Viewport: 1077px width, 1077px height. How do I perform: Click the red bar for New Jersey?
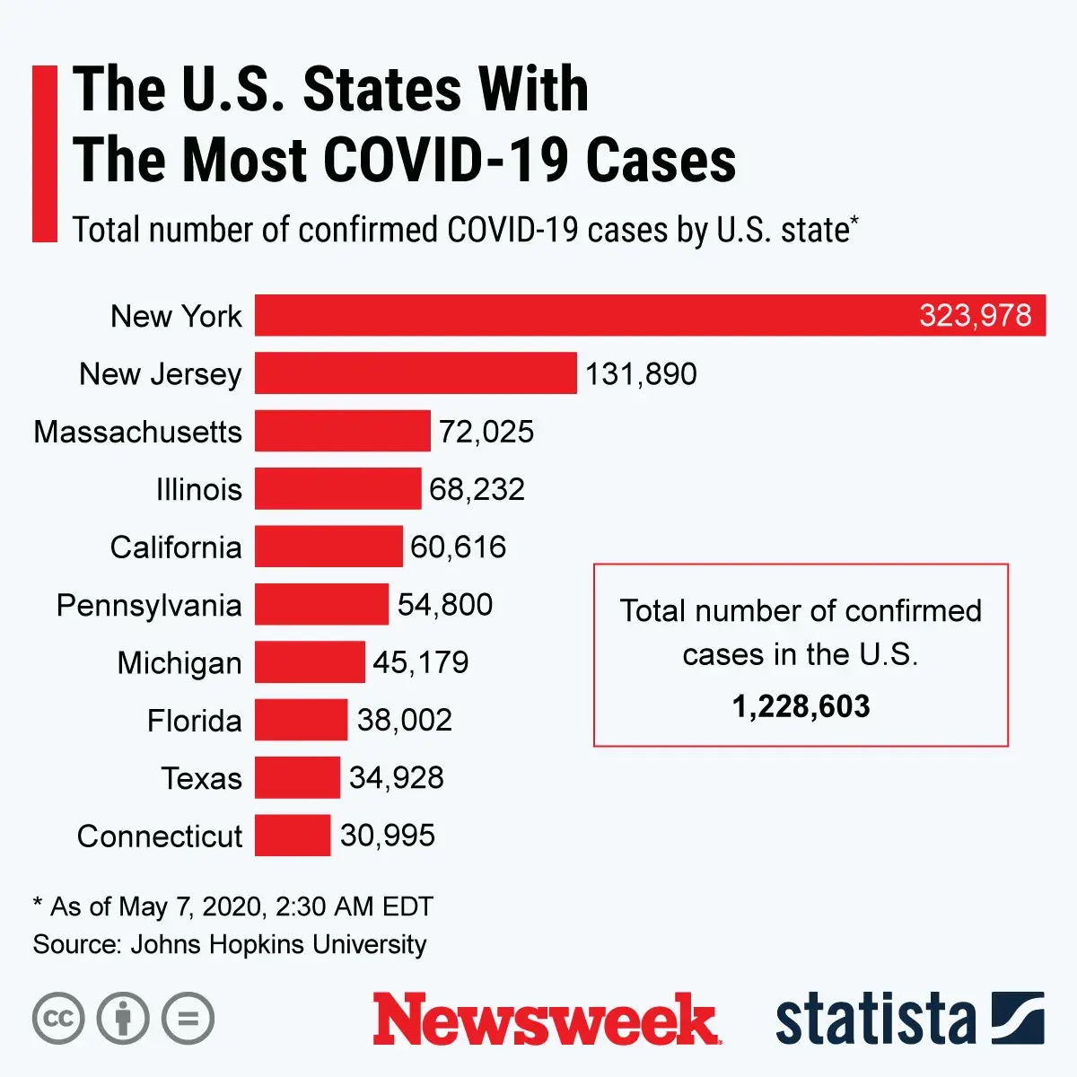point(416,373)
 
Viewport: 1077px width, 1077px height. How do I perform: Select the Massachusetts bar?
point(342,431)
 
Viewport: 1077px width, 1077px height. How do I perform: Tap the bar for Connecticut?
point(293,835)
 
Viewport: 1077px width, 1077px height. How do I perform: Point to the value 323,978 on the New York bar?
point(975,316)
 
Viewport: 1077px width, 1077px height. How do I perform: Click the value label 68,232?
point(477,489)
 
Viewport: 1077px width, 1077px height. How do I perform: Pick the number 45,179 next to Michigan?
point(420,662)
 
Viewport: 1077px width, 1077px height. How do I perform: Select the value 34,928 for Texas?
point(396,777)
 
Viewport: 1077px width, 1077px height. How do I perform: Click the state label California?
point(176,547)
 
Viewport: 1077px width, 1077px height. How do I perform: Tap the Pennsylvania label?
point(149,605)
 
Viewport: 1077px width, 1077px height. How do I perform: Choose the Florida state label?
point(195,720)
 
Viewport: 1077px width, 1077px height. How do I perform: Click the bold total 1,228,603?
point(801,706)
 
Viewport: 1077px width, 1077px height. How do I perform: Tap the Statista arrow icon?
point(1018,1018)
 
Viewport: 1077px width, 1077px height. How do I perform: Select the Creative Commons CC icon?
point(58,1019)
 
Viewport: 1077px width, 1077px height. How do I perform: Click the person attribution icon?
point(123,1019)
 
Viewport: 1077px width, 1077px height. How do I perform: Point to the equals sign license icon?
point(188,1019)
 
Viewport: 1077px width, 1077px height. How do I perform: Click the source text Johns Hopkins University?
point(278,944)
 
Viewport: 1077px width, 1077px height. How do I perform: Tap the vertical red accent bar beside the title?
point(44,153)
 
